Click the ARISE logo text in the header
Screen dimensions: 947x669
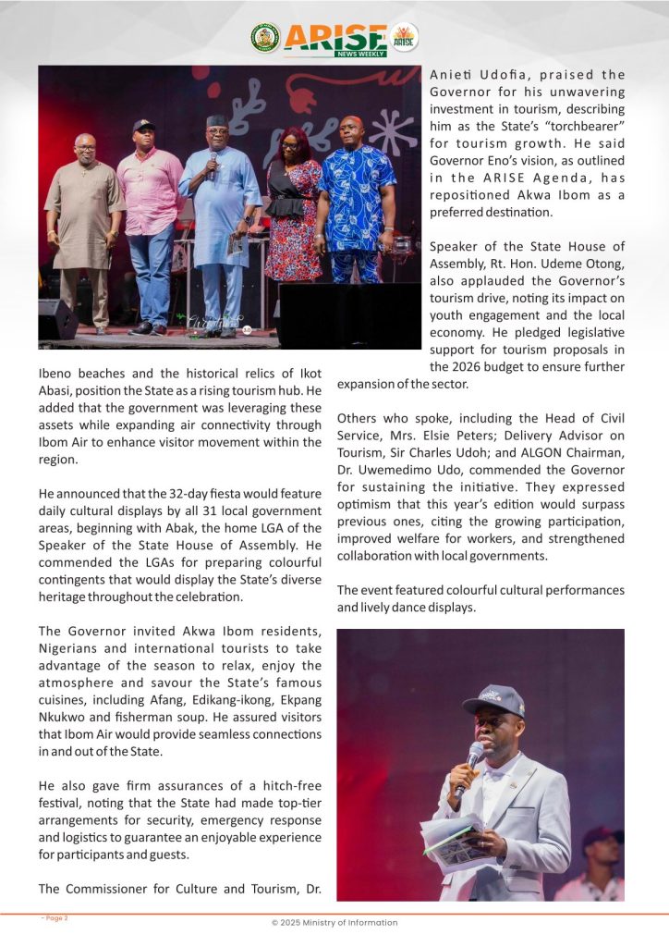[x=335, y=38]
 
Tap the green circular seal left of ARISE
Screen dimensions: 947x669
[x=265, y=38]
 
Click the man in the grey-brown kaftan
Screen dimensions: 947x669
[x=84, y=222]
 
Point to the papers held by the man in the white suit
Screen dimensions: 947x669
[x=452, y=837]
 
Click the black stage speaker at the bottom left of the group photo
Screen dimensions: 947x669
[x=57, y=318]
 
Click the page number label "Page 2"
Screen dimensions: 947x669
[x=55, y=918]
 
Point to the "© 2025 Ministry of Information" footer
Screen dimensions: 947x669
[x=334, y=922]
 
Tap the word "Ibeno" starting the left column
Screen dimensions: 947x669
[x=56, y=373]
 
